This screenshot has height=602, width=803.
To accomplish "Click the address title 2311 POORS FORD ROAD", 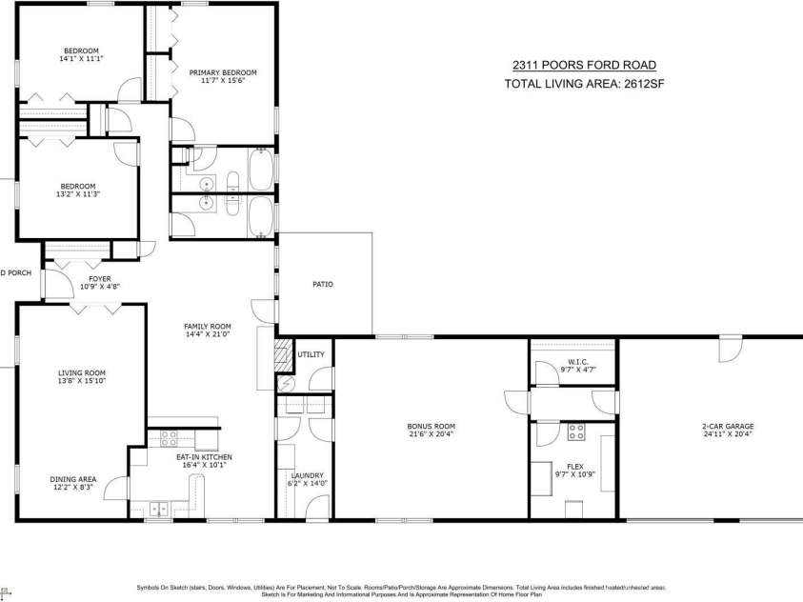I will pyautogui.click(x=584, y=66).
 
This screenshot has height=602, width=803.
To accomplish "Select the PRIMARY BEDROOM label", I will pyautogui.click(x=222, y=72).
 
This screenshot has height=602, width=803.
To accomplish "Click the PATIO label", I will pyautogui.click(x=323, y=284).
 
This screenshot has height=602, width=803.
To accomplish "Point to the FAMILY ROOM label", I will pyautogui.click(x=208, y=327).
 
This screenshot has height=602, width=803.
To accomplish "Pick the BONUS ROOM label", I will pyautogui.click(x=431, y=427).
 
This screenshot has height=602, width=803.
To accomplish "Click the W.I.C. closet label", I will pyautogui.click(x=578, y=361).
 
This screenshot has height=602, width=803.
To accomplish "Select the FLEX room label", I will pyautogui.click(x=575, y=467).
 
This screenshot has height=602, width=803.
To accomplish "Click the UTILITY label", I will pyautogui.click(x=311, y=354).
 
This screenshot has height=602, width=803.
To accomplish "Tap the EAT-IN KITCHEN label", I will pyautogui.click(x=204, y=457).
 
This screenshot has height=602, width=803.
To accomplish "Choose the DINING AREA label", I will pyautogui.click(x=73, y=479).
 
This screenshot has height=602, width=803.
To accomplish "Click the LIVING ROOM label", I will pyautogui.click(x=81, y=372).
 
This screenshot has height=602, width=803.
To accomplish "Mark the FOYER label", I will pyautogui.click(x=100, y=278).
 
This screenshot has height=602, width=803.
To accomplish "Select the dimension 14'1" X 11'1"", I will pyautogui.click(x=81, y=59).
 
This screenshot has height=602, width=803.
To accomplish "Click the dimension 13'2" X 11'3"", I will pyautogui.click(x=79, y=193).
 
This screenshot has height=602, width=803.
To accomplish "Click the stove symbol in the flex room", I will pyautogui.click(x=575, y=433).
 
